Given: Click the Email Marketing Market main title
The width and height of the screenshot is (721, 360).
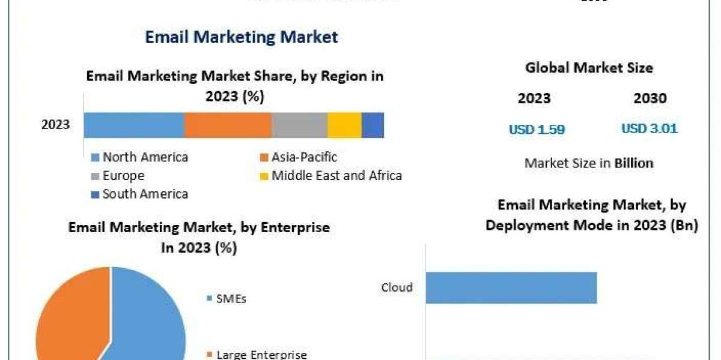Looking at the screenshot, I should click(242, 37).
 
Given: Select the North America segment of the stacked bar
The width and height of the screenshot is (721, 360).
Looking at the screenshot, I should click(133, 125).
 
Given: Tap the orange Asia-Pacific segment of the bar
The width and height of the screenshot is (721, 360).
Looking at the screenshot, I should click(228, 125).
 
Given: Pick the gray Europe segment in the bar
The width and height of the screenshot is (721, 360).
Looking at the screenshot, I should click(299, 125).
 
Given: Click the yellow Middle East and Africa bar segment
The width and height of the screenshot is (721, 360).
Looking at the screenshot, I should click(344, 125).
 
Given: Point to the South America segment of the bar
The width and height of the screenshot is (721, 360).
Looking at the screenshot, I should click(373, 125).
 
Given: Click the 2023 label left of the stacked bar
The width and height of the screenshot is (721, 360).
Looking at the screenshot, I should click(55, 125).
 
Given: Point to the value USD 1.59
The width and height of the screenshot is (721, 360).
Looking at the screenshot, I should click(537, 129).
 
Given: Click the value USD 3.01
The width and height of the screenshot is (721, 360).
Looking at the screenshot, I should click(649, 128).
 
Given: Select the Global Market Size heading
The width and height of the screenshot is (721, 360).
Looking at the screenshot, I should click(589, 68).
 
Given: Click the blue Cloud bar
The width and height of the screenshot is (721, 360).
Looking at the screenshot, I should click(511, 287).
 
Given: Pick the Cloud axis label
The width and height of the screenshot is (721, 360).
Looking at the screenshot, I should click(397, 287).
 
